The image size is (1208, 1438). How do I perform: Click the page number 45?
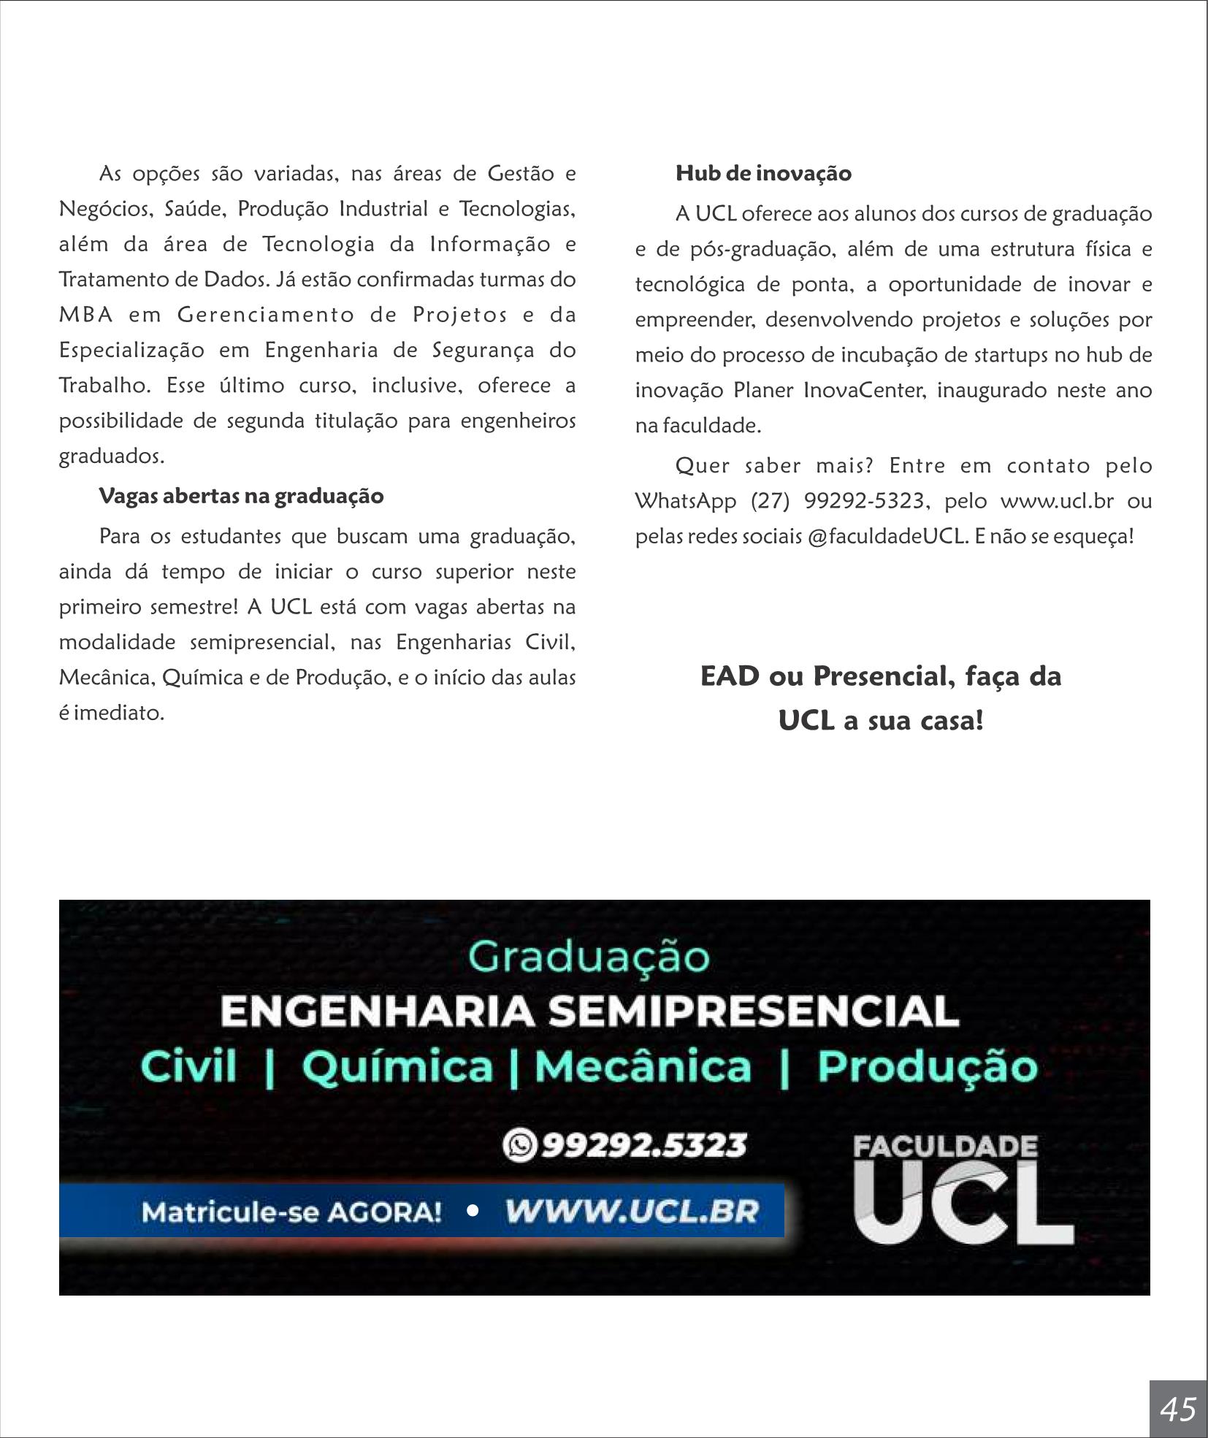coord(1178,1408)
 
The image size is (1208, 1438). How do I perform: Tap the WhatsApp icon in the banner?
coord(519,1144)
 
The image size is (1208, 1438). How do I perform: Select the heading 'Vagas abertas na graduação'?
coord(241,496)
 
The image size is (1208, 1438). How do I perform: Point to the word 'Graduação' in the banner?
coord(589,957)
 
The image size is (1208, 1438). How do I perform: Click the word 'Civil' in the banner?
coord(189,1066)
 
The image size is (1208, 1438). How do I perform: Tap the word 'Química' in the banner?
coord(398,1066)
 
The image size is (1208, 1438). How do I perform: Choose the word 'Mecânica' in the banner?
coord(643,1066)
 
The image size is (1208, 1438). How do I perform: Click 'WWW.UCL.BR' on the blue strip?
coord(632,1212)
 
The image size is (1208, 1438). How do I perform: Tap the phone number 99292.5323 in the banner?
coord(644,1145)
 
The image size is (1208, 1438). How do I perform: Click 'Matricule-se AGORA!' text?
coord(291,1212)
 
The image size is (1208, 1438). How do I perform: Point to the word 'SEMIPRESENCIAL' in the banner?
coord(753,1011)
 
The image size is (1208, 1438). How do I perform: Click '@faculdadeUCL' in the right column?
coord(888,536)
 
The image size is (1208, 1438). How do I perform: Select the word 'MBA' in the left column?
coord(86,315)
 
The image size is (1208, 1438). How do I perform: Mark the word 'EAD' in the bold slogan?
coord(730,676)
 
